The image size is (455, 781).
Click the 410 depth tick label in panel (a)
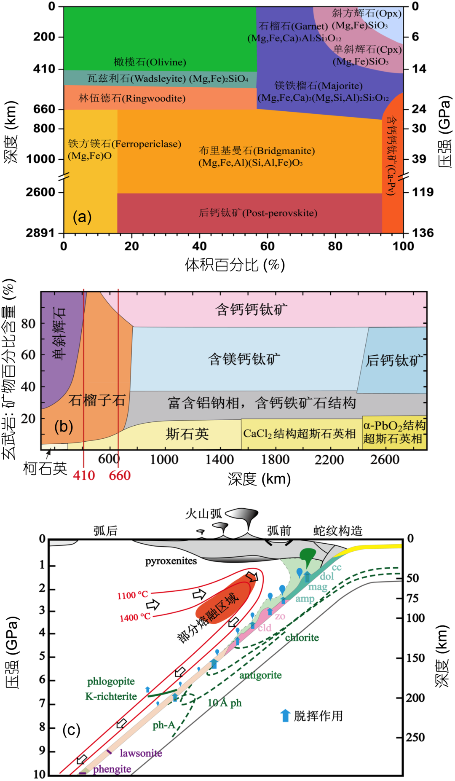point(44,69)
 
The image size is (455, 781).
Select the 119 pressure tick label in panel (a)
point(423,192)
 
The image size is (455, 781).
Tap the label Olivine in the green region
point(150,62)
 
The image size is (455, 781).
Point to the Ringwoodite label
point(132,99)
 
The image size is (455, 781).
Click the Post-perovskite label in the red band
point(258,213)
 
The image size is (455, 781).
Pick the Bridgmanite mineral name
point(257,151)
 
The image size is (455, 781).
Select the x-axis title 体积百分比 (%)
point(235,265)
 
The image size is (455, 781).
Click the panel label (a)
point(82,217)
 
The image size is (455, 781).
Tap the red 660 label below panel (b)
point(120,475)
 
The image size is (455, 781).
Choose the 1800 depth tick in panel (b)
point(275,459)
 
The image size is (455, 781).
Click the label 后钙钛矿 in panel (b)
point(394,360)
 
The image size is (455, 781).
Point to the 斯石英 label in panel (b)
point(187,434)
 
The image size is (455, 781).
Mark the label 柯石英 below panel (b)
point(45,468)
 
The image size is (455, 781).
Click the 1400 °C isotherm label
point(135,617)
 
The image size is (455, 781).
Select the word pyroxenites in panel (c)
point(171,561)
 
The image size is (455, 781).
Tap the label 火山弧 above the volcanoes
point(203,513)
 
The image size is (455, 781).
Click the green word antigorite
point(260,675)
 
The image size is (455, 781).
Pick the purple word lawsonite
point(141,753)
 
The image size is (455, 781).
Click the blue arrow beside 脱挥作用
point(285,715)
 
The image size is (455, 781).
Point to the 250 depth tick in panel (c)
point(415,737)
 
